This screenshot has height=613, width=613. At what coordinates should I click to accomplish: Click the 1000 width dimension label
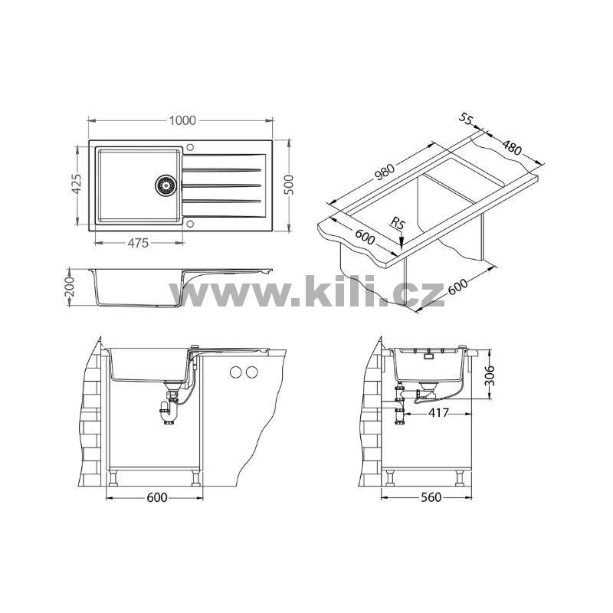coord(182,120)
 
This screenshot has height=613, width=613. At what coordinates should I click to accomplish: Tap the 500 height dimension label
coord(288,185)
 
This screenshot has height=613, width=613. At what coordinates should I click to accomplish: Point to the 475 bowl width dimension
coord(138,243)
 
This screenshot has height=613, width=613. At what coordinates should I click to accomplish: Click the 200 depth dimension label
coord(69,287)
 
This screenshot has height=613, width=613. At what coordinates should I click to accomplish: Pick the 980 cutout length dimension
coord(385,171)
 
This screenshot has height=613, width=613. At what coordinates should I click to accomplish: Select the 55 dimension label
coord(466,119)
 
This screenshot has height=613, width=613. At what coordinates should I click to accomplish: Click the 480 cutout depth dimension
coord(512,147)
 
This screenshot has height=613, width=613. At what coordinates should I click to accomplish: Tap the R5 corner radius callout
coord(398,224)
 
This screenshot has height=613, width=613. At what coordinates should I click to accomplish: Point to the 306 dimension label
coord(490,375)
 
